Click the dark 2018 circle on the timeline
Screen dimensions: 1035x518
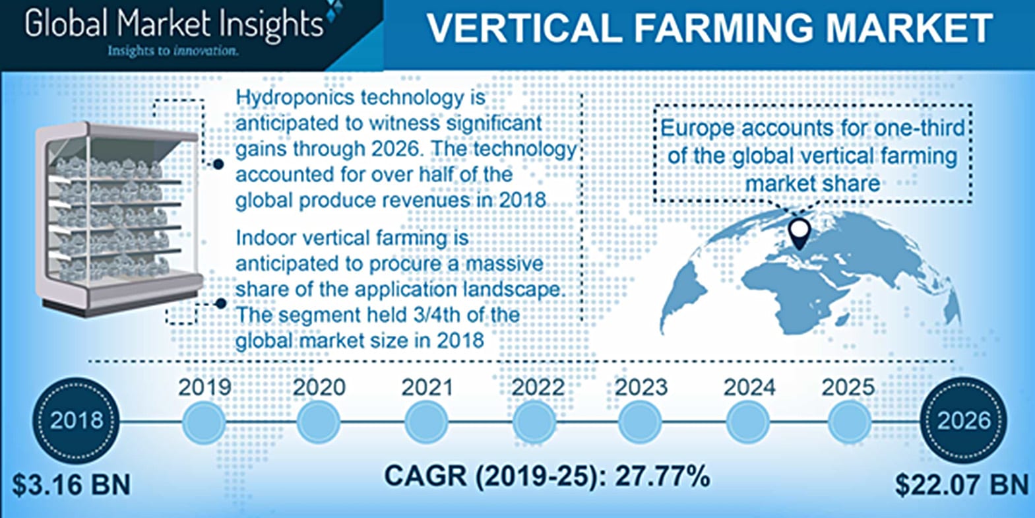tap(76, 420)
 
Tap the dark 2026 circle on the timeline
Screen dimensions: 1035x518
tap(963, 420)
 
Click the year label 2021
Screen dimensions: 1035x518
tap(427, 387)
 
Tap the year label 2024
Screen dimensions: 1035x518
tap(749, 387)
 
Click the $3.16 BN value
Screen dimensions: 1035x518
tap(71, 485)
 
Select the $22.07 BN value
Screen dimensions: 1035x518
tap(962, 485)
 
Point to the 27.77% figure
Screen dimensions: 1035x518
tap(662, 476)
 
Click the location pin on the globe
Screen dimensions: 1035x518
tap(800, 234)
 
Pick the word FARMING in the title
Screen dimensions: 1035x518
tap(722, 28)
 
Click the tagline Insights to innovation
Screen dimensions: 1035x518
tap(173, 50)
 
